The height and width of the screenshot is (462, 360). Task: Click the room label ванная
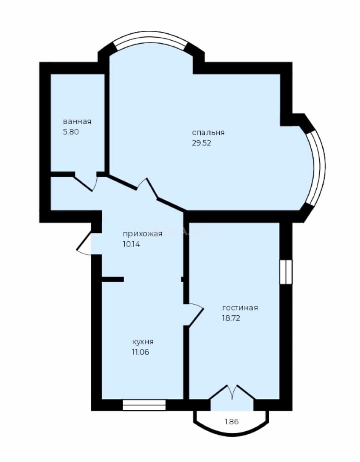pyautogui.click(x=77, y=121)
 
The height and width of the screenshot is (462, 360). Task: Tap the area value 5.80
pyautogui.click(x=71, y=132)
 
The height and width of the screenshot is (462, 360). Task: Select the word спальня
pyautogui.click(x=208, y=133)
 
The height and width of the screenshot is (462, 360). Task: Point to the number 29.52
pyautogui.click(x=202, y=143)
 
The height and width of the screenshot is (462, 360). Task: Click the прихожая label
pyautogui.click(x=143, y=234)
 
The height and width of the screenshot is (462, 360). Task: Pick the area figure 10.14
pyautogui.click(x=131, y=244)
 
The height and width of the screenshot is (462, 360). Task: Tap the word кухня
pyautogui.click(x=143, y=342)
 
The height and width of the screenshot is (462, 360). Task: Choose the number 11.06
pyautogui.click(x=140, y=352)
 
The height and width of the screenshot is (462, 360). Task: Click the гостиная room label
pyautogui.click(x=240, y=308)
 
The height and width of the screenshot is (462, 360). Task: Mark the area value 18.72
pyautogui.click(x=231, y=318)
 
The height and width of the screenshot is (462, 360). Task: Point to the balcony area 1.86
pyautogui.click(x=232, y=422)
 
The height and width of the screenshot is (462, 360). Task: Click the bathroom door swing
pyautogui.click(x=86, y=183)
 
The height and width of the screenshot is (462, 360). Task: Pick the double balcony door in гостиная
pyautogui.click(x=232, y=392)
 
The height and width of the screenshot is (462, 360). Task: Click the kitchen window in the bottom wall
pyautogui.click(x=144, y=405)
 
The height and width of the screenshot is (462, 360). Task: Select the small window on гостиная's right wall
pyautogui.click(x=286, y=272)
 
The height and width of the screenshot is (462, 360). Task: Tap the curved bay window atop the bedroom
pyautogui.click(x=151, y=40)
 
